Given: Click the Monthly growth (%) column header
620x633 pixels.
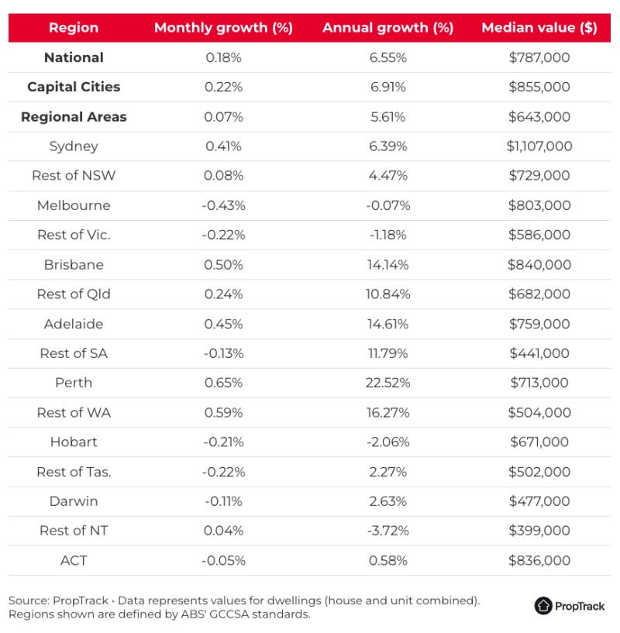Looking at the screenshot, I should [x=223, y=28].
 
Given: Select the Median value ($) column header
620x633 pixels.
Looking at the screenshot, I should [x=539, y=28].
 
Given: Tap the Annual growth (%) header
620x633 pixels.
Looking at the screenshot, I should [x=387, y=28].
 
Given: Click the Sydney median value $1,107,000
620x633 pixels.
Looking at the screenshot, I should [x=539, y=146].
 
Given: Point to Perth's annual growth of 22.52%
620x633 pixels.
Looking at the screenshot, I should [x=388, y=383].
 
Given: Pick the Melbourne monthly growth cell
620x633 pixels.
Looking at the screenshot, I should [x=223, y=205].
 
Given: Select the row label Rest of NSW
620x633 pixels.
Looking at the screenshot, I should [x=74, y=176].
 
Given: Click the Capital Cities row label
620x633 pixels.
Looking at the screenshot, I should [x=74, y=87].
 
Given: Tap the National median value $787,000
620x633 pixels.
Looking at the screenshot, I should [x=539, y=57].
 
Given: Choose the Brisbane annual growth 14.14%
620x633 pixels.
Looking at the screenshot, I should [x=388, y=264].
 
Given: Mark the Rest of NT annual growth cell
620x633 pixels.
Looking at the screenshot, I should [x=388, y=531].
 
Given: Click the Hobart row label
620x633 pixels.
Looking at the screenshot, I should [x=74, y=442].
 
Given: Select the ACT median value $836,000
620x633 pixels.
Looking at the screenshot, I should [x=539, y=560].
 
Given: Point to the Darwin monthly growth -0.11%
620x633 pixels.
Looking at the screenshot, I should [x=223, y=501].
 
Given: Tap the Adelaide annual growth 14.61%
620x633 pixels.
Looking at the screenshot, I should [x=388, y=324].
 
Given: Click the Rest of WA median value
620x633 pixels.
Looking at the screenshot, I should [x=539, y=412].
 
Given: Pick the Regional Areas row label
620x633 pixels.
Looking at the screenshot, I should [x=74, y=117].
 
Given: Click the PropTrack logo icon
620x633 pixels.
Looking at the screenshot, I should [x=543, y=606].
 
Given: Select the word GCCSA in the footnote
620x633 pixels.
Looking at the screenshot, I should [x=230, y=614].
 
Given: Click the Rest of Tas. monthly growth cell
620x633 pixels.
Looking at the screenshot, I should [x=223, y=472].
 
